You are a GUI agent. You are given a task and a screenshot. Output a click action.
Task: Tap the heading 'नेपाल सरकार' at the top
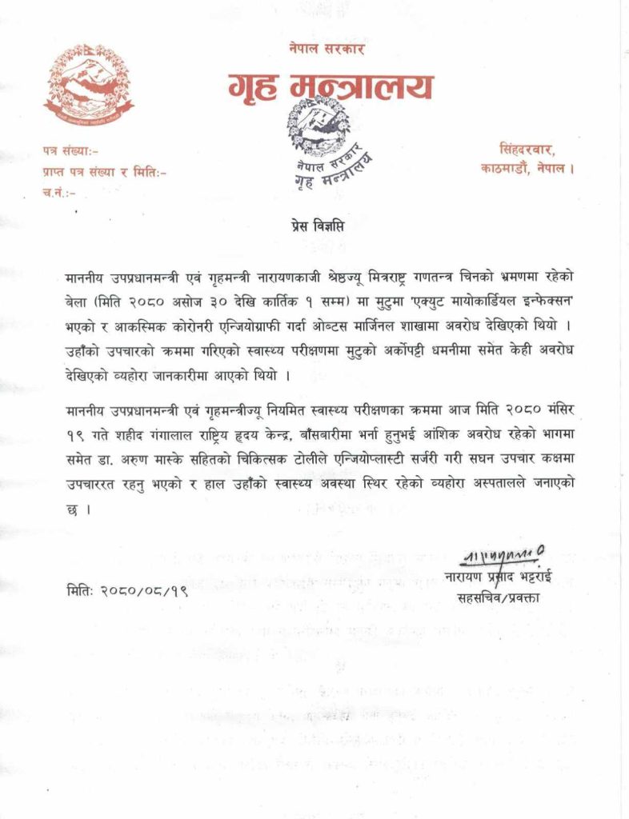tap(327, 49)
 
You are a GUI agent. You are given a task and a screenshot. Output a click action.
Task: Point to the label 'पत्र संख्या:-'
tap(70, 150)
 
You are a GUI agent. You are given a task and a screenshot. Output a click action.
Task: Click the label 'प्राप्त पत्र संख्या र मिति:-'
tap(105, 170)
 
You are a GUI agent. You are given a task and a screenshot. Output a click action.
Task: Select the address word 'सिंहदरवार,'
tap(527, 149)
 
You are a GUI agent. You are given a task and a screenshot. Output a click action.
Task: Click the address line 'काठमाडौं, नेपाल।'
tap(527, 170)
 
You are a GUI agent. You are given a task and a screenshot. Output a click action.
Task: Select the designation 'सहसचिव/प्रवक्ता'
tap(498, 597)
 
